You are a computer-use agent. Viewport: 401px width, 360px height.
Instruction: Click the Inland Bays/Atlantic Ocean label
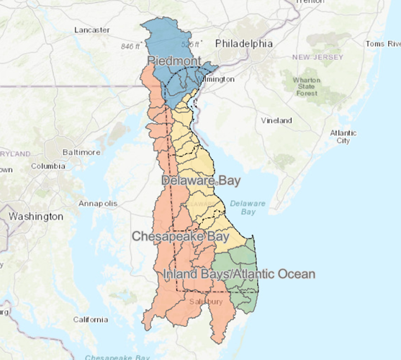[239, 274]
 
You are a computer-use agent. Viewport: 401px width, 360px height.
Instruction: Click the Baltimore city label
[81, 152]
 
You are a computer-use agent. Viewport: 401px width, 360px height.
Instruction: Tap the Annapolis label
[99, 203]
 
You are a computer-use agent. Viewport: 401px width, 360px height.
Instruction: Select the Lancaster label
[91, 30]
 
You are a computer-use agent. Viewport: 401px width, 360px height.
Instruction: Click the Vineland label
[277, 120]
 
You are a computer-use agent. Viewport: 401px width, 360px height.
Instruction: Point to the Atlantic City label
[343, 137]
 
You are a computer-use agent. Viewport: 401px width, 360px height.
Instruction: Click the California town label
[90, 319]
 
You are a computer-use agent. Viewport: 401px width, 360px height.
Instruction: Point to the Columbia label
[48, 166]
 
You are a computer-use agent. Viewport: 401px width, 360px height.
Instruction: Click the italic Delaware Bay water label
[248, 208]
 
